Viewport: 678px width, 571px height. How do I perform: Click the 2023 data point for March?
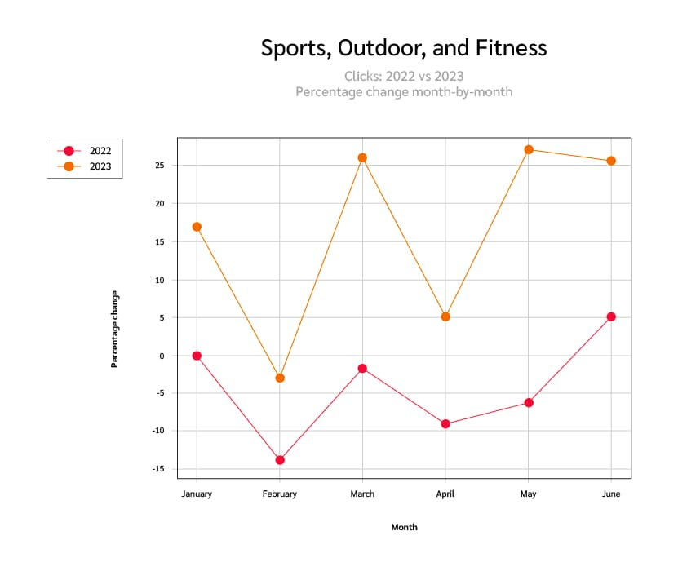[x=362, y=157]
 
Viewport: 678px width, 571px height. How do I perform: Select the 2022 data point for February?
[x=280, y=460]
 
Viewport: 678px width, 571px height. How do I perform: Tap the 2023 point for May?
[x=529, y=149]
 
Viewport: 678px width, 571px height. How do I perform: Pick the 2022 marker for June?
[x=611, y=316]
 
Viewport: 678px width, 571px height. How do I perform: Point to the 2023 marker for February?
[x=280, y=378]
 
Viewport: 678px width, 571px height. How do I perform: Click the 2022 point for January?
[x=197, y=356]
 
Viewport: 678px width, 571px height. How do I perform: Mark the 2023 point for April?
[x=445, y=316]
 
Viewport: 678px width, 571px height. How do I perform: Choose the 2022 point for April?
[x=445, y=424]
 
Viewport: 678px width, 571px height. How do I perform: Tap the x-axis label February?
[x=280, y=494]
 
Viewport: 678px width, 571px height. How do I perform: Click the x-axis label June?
[x=611, y=494]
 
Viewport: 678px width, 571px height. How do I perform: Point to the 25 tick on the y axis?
[x=161, y=166]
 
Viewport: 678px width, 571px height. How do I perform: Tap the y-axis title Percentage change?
[x=115, y=329]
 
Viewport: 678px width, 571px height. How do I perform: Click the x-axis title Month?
[x=404, y=527]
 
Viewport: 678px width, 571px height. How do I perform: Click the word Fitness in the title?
[x=512, y=48]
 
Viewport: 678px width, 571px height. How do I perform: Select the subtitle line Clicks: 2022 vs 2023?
[x=404, y=76]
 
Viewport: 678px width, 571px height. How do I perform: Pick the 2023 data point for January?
[x=197, y=227]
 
